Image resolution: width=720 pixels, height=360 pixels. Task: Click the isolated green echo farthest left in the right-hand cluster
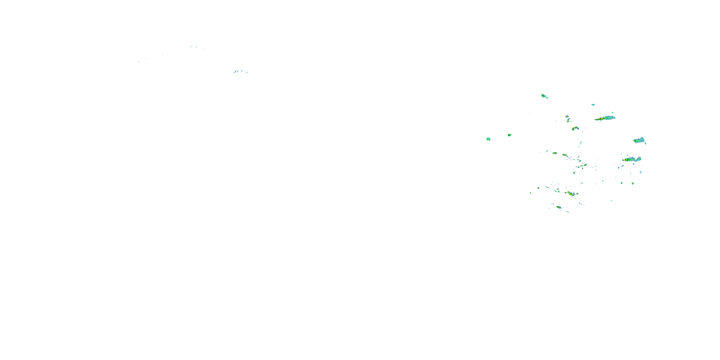488,139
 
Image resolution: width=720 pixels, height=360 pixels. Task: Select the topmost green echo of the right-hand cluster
543,96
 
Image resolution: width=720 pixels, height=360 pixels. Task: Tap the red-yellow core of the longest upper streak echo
601,119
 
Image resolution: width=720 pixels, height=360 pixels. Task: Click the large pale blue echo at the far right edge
640,140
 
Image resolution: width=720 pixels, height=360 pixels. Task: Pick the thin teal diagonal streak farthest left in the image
139,61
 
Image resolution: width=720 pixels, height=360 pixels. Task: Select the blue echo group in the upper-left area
237,71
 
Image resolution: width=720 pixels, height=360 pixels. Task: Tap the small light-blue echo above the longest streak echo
593,105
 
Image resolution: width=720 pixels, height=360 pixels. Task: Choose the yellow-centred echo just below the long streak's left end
575,128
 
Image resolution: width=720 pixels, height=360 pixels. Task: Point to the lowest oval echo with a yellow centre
559,207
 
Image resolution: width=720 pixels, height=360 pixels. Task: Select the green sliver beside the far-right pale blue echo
645,143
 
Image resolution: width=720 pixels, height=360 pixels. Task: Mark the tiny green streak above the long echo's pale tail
613,113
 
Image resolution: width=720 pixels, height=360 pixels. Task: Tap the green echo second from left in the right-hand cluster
510,135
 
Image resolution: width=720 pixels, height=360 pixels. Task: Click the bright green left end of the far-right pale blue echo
635,141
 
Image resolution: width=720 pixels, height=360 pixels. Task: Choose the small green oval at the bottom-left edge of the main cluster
530,192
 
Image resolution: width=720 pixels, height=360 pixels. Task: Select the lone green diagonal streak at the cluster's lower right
612,200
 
